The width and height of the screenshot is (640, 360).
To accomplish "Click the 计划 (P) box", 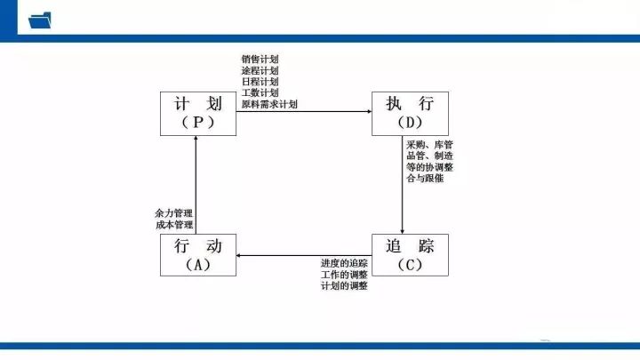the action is pos(198,114).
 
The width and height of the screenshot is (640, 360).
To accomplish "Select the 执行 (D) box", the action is pos(410,114).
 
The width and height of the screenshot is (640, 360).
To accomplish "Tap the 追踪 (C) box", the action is pos(410,255).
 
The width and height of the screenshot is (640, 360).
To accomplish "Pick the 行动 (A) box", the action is pos(198,255).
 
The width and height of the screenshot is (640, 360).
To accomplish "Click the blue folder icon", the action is pos(40,20).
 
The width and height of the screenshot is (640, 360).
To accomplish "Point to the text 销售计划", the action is pos(260,60).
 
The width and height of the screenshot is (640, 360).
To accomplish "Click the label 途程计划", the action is pos(260,70).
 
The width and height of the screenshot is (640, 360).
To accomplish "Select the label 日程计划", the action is pos(260,82).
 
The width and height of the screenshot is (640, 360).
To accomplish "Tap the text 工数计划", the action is pos(260,92).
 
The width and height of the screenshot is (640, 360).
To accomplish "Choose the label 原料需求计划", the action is pos(269,104).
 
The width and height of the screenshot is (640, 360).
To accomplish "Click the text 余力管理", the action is pos(174,213).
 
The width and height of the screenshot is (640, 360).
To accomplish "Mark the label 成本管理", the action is pos(174,225).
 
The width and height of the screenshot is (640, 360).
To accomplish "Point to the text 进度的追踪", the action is pos(344,263).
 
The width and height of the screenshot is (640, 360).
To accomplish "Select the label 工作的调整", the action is pos(344,275).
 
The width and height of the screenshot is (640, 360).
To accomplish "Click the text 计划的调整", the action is pos(344,285).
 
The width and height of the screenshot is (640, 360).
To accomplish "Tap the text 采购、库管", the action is pos(430,145).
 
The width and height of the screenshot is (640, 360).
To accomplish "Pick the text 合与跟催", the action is pos(425,178).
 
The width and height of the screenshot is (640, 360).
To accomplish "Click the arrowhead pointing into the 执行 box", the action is pos(370,111).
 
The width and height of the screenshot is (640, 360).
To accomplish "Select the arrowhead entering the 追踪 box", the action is pos(402,232).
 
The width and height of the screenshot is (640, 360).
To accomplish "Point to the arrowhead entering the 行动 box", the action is pos(239,255).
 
